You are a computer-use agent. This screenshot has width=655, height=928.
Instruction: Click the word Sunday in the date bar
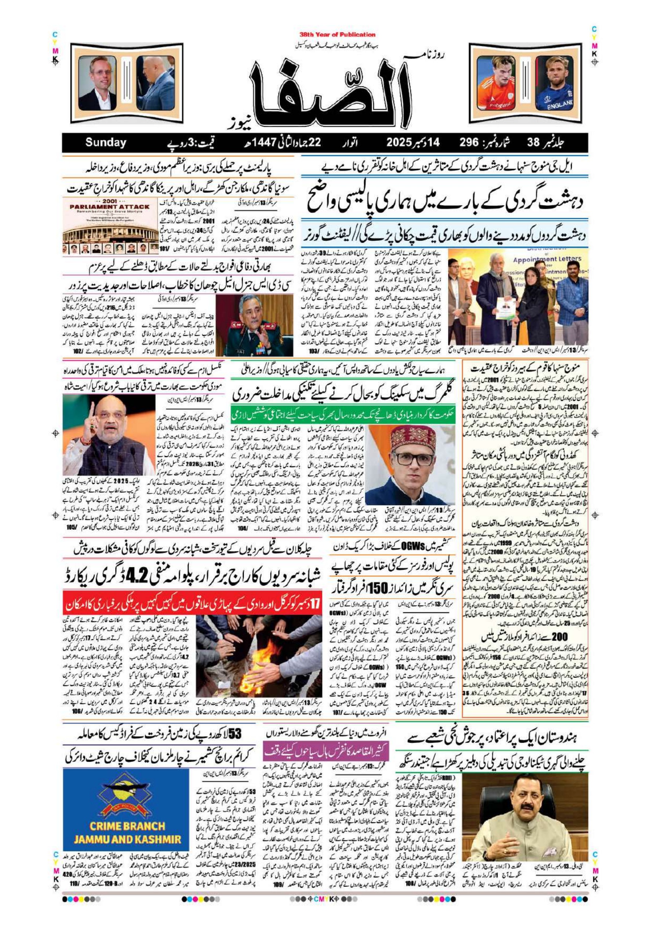[106, 142]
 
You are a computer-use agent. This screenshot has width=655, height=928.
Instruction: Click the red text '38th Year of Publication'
[338, 35]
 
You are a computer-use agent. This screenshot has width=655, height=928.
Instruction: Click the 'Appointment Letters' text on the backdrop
[547, 259]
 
